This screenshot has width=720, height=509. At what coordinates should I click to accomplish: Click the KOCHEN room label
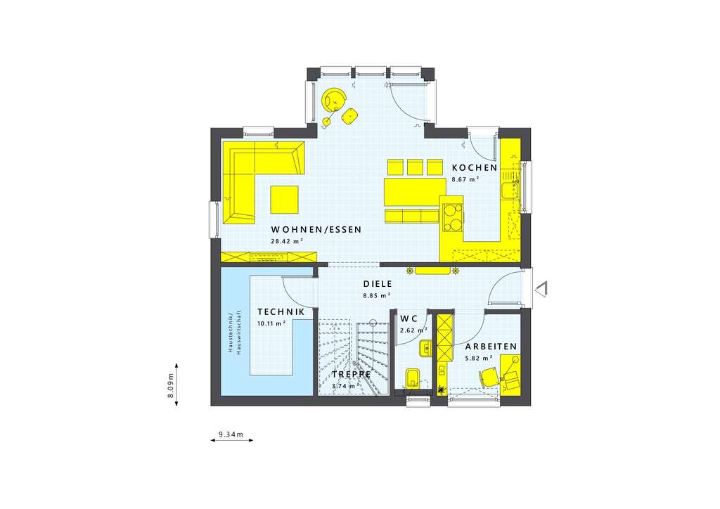[475, 168]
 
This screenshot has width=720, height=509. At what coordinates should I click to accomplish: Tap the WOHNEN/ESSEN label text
[316, 230]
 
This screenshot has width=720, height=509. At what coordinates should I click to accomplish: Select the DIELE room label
[377, 284]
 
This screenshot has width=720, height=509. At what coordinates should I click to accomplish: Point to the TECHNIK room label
[281, 311]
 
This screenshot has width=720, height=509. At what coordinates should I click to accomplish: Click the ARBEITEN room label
[491, 347]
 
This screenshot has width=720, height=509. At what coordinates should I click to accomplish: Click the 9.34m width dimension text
[231, 435]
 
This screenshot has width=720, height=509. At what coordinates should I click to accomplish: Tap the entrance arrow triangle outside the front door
[542, 288]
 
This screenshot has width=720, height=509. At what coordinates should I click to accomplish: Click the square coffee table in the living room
[284, 198]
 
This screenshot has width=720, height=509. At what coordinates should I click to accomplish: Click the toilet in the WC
[413, 378]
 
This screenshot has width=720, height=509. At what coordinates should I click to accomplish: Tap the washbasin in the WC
[425, 348]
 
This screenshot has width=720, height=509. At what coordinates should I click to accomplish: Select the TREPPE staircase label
[352, 375]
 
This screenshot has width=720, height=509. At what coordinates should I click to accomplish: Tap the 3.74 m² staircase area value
[344, 386]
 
